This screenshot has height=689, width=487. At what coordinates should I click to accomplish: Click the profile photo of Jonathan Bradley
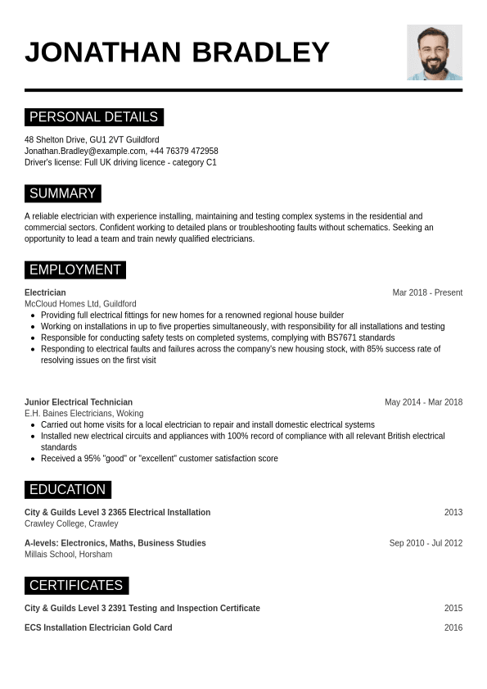pos(434,52)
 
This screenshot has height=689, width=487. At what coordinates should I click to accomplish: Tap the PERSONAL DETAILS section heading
pos(93,117)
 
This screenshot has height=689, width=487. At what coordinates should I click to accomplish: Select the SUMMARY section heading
pos(62,193)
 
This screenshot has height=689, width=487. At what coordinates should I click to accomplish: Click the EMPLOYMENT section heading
pos(74,270)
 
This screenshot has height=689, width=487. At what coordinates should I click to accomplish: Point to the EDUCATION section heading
pos(67,490)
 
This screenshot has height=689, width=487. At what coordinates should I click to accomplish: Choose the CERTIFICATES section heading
pos(76,586)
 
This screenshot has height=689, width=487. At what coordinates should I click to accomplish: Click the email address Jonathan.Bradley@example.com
pos(85,152)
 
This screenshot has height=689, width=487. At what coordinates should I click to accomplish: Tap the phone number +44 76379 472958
pos(185,152)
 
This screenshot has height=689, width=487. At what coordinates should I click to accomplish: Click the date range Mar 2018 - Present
pos(427,292)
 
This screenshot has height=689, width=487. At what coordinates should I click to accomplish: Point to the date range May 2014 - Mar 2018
pos(423,402)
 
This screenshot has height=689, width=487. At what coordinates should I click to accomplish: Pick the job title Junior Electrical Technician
pos(79,402)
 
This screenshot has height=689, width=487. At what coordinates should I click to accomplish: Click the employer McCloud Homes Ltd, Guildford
pos(80,304)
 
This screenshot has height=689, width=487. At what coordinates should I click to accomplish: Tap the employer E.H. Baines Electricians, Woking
pos(83,414)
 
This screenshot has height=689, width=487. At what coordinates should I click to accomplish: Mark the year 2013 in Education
pos(453,513)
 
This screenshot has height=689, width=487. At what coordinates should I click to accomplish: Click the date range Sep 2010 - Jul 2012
pos(426,543)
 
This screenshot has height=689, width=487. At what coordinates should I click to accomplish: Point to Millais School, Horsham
pos(68,555)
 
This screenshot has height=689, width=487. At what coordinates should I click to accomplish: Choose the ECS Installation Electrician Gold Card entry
pos(98,628)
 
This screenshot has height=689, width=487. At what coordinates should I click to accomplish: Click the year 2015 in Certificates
pos(453,609)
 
